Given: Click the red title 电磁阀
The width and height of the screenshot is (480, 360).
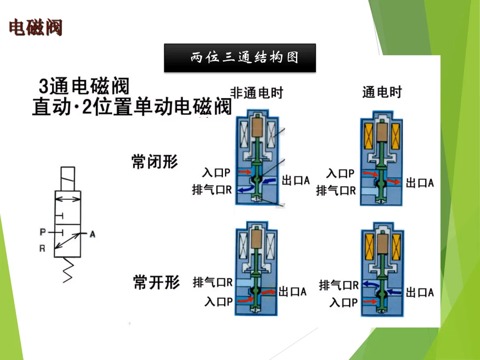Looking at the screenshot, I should click(x=36, y=28).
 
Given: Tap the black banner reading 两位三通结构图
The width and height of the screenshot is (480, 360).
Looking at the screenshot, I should click(x=240, y=58).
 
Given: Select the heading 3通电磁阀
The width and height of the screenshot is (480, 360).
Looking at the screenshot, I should click(x=84, y=87).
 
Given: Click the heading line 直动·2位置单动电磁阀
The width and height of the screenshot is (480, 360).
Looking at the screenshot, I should click(x=132, y=107).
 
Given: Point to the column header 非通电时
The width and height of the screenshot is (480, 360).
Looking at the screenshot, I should click(x=256, y=92).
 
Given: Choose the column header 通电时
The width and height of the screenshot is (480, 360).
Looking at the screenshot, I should click(x=382, y=92).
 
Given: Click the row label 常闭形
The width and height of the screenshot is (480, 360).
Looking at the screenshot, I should click(x=155, y=162).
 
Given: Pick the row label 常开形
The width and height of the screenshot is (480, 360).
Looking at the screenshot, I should click(x=156, y=282).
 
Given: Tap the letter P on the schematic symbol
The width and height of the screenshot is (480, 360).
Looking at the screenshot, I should click(x=43, y=232).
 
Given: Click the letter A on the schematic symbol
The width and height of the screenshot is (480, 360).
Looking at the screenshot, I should click(x=92, y=234).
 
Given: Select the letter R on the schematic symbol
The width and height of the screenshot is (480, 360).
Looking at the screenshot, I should click(x=42, y=248).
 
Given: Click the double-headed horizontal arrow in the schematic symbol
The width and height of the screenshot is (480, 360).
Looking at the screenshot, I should click(x=68, y=199).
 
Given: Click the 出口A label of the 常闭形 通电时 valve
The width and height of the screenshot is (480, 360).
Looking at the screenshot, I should click(x=420, y=183).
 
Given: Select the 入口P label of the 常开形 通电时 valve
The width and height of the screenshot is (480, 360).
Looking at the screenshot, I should click(x=344, y=303).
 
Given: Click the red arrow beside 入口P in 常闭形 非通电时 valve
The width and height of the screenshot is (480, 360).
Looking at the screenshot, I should click(x=244, y=172).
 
